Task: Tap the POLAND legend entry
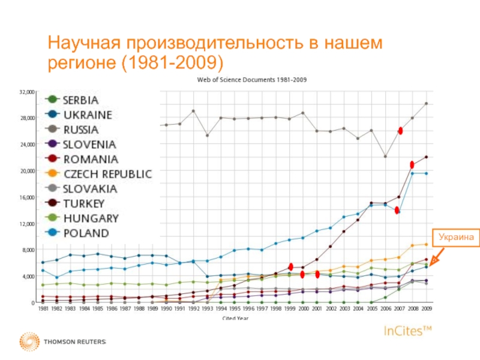[x=86, y=233]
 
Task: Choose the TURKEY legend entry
[x=85, y=203]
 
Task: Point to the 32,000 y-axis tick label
[x=27, y=92]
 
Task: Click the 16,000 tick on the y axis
[x=27, y=197]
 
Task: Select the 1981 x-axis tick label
[x=43, y=308]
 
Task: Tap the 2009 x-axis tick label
[x=427, y=308]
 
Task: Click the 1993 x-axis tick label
[x=208, y=308]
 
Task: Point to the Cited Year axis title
[x=235, y=317]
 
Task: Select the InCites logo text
[x=407, y=331]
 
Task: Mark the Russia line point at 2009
[x=427, y=103]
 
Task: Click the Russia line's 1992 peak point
[x=193, y=111]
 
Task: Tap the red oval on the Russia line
[x=400, y=131]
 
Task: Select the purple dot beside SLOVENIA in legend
[x=53, y=144]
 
